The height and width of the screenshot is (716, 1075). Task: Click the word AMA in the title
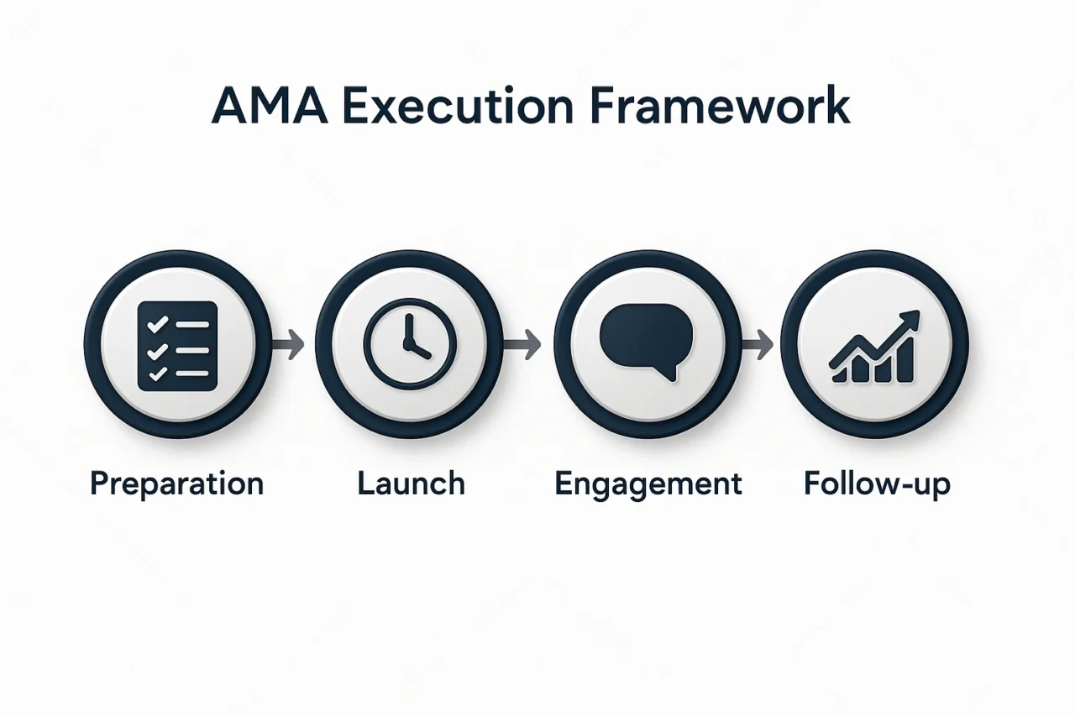tap(270, 106)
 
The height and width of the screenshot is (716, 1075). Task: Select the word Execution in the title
tap(458, 106)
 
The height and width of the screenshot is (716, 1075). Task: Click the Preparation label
tap(176, 484)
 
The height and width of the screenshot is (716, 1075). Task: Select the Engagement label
tap(648, 484)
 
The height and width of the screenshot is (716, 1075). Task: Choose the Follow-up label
tap(877, 484)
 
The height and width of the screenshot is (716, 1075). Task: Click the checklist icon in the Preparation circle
tap(177, 346)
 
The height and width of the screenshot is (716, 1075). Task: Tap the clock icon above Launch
tap(409, 344)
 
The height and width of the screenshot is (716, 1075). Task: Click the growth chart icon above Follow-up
tap(874, 347)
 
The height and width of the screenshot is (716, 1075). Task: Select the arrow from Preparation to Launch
tap(288, 344)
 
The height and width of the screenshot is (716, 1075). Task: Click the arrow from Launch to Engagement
tap(522, 344)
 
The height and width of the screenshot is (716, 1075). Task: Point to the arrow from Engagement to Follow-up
tap(758, 344)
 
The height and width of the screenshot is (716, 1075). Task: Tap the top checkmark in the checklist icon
tap(157, 325)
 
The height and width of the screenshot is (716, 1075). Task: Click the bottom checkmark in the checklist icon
tap(157, 374)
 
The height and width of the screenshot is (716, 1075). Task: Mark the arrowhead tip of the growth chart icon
tap(919, 311)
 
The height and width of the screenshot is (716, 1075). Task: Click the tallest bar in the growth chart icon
tap(905, 359)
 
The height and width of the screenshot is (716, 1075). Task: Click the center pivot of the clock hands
tap(409, 344)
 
